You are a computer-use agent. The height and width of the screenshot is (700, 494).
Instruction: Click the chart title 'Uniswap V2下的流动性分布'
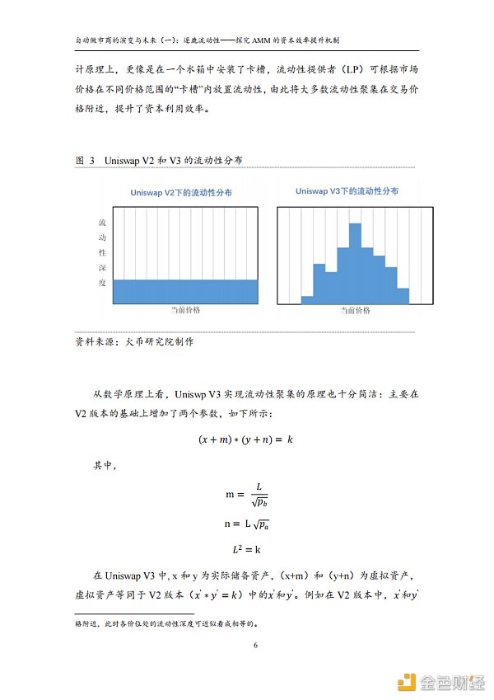(181, 192)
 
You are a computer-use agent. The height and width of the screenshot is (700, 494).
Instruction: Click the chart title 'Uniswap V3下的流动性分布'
(347, 191)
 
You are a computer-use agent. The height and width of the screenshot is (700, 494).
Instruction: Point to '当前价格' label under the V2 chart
(185, 311)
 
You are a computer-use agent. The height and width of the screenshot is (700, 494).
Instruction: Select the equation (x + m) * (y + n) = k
(246, 439)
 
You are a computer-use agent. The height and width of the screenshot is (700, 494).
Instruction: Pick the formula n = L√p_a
(247, 524)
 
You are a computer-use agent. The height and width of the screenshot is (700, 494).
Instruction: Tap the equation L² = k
(247, 548)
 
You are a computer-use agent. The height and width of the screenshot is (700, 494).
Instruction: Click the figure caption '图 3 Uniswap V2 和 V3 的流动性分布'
(157, 160)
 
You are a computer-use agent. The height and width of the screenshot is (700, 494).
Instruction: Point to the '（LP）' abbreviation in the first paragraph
(349, 70)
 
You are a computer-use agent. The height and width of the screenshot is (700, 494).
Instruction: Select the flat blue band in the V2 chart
(185, 291)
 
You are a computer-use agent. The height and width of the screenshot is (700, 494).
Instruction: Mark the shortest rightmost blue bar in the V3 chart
(403, 295)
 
